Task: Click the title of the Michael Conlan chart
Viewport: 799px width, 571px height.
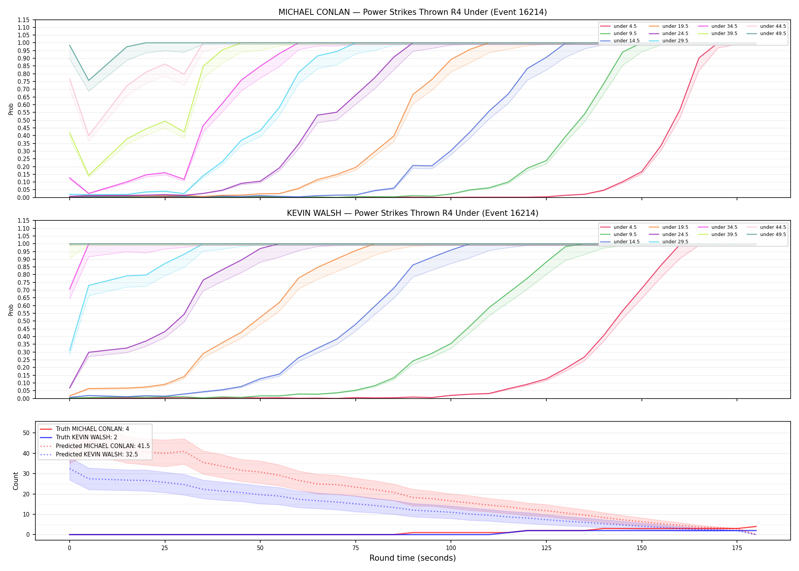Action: coord(412,12)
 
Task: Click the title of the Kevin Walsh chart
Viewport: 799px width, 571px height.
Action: coord(412,213)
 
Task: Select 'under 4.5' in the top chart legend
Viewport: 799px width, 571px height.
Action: coord(625,26)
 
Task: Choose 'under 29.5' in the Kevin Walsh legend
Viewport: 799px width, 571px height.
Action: coord(675,242)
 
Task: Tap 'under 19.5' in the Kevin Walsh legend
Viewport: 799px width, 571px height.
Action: coord(675,227)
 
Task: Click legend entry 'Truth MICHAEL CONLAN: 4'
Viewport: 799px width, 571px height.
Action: coord(92,429)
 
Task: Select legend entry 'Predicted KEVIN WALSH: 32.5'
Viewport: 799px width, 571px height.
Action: coord(97,455)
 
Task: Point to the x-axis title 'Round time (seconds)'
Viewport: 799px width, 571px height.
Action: coord(412,558)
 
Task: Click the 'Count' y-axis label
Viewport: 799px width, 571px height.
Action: coord(16,481)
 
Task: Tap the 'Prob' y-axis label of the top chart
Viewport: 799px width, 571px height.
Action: coord(11,109)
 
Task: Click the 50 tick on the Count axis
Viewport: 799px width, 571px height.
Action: coord(26,433)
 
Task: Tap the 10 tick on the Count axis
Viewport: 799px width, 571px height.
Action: coord(26,514)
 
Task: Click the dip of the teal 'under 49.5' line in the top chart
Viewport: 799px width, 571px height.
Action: coord(89,80)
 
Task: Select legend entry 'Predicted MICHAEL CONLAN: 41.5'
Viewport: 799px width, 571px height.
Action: coord(103,446)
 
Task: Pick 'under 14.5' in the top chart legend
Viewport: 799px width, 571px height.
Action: coord(626,41)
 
